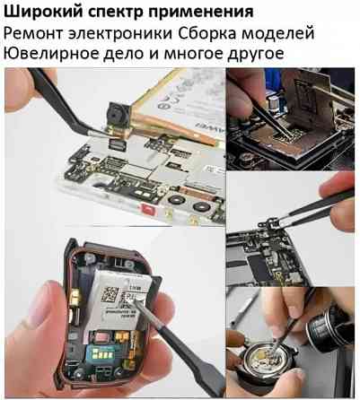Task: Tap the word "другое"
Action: tap(264, 54)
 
